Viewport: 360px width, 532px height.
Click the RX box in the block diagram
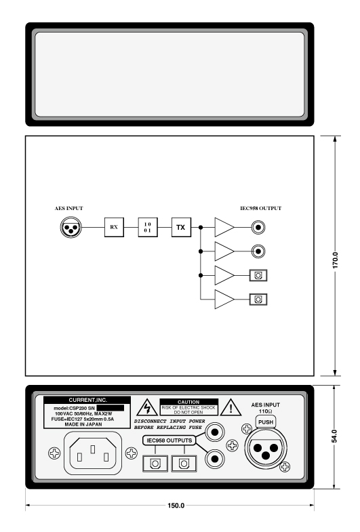(x=114, y=227)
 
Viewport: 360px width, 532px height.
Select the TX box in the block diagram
(x=181, y=227)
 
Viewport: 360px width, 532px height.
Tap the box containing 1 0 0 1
(x=148, y=227)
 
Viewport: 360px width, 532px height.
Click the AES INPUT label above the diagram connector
(x=69, y=208)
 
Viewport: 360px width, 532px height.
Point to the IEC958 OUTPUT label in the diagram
(x=260, y=208)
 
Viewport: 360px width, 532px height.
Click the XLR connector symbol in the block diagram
(x=71, y=227)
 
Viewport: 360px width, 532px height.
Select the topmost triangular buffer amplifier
(x=224, y=227)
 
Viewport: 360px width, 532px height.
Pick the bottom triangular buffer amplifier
(x=224, y=300)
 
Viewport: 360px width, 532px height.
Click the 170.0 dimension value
(x=335, y=260)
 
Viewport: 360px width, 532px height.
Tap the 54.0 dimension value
(x=334, y=436)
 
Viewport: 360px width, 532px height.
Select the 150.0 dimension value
(x=176, y=506)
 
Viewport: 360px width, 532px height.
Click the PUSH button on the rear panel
(x=266, y=422)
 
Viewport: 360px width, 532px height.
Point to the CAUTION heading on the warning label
(x=188, y=402)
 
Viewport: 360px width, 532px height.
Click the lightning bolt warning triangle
(x=147, y=408)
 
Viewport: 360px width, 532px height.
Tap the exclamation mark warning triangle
(x=231, y=408)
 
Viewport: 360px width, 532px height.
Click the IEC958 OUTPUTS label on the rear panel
(x=169, y=441)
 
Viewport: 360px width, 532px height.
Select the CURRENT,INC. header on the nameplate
(x=87, y=400)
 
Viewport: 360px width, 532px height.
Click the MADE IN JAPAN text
(x=83, y=424)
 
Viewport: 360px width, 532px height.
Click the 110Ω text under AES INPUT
(x=265, y=411)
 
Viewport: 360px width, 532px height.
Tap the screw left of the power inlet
(x=54, y=453)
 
